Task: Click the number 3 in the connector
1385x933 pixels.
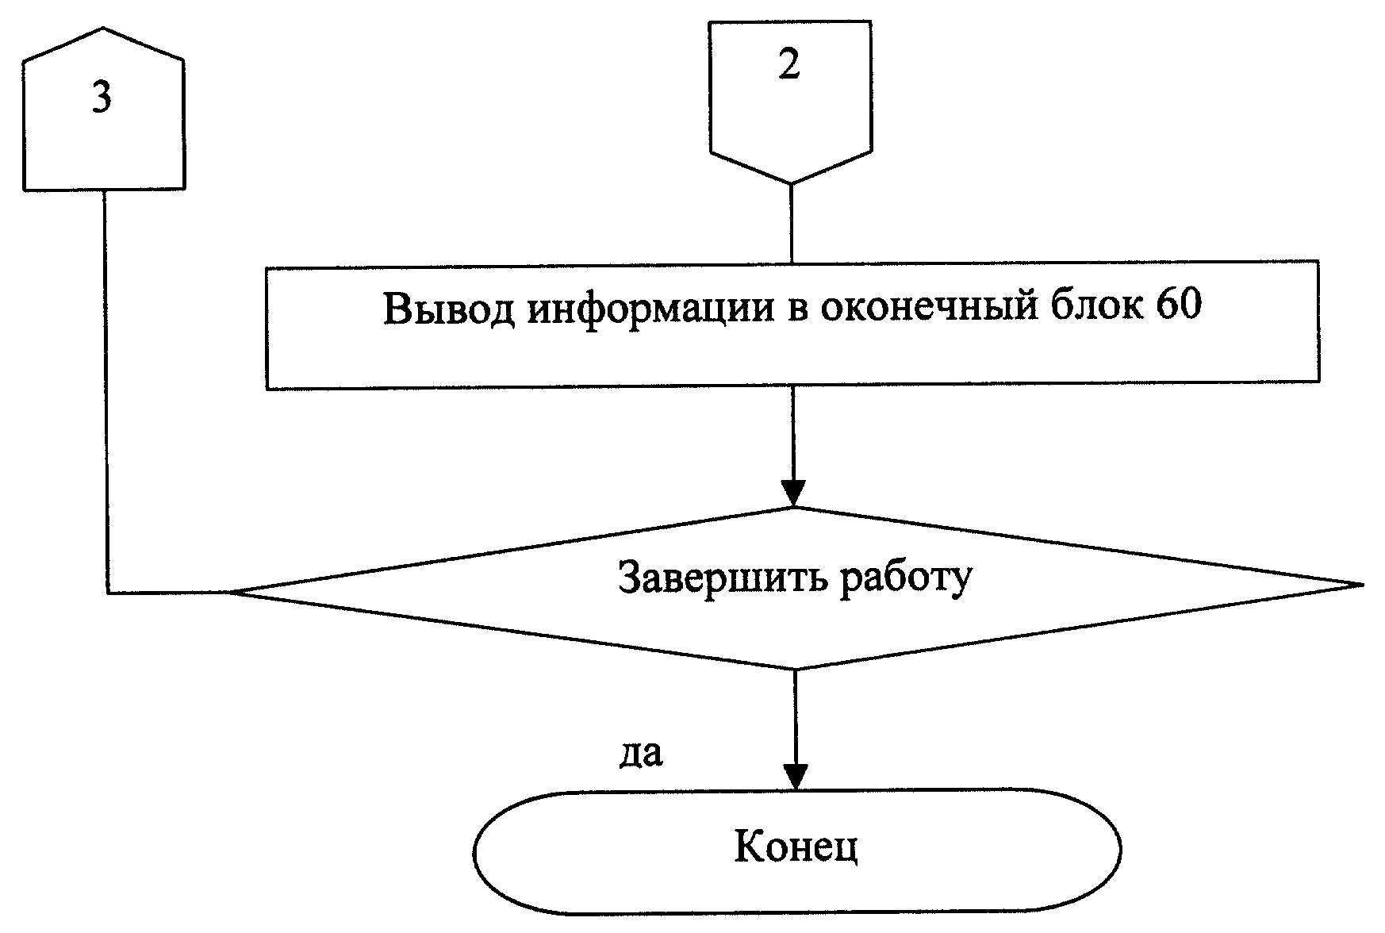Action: (x=101, y=98)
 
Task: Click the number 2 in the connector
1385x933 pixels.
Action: (x=789, y=64)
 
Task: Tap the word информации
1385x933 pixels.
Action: (x=650, y=310)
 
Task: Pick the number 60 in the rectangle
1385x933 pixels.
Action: (x=1179, y=305)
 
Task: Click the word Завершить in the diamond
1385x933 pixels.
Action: (x=723, y=578)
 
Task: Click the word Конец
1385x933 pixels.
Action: (x=796, y=848)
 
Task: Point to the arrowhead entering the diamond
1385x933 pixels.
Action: (x=792, y=493)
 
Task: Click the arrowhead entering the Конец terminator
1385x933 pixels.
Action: (x=794, y=777)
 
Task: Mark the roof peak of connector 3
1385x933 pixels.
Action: (x=103, y=29)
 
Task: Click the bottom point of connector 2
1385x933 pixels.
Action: (x=791, y=183)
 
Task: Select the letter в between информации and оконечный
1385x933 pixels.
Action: (x=796, y=311)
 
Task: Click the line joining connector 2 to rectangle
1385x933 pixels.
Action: (x=791, y=223)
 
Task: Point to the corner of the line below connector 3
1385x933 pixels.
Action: (x=106, y=593)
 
